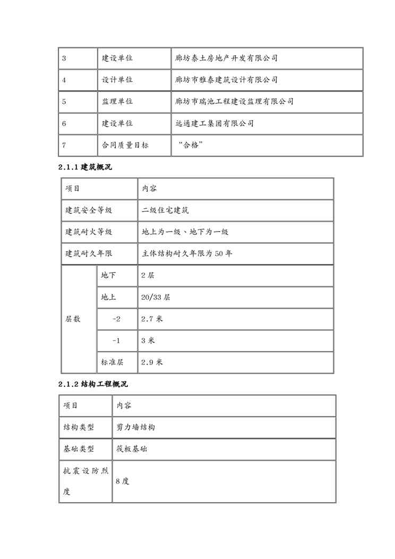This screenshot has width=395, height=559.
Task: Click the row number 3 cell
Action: pyautogui.click(x=64, y=58)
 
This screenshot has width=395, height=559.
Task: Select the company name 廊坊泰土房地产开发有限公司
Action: pyautogui.click(x=226, y=58)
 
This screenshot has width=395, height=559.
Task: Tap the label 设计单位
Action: pyautogui.click(x=117, y=80)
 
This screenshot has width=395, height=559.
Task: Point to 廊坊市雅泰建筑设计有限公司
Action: pyautogui.click(x=226, y=80)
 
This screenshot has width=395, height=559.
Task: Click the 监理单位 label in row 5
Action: pyautogui.click(x=117, y=101)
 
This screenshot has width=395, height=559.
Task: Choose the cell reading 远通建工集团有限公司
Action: pyautogui.click(x=214, y=123)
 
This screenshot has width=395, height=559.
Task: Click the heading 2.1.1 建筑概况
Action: pyautogui.click(x=85, y=167)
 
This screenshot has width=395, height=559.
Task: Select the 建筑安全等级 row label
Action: pyautogui.click(x=89, y=210)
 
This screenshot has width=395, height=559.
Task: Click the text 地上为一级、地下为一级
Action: pyautogui.click(x=185, y=232)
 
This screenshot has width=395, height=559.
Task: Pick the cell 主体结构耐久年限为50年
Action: pyautogui.click(x=187, y=253)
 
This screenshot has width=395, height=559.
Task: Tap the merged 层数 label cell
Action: pyautogui.click(x=73, y=319)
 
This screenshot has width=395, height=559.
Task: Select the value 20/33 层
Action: pyautogui.click(x=156, y=298)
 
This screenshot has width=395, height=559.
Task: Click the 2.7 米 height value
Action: pyautogui.click(x=152, y=319)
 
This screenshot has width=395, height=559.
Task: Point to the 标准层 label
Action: pyautogui.click(x=113, y=362)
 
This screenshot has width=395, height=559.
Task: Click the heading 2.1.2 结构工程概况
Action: pyautogui.click(x=93, y=384)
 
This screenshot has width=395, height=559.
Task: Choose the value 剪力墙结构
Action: pyautogui.click(x=135, y=427)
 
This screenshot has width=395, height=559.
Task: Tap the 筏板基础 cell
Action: pyautogui.click(x=132, y=449)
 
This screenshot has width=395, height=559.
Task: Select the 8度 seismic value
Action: pyautogui.click(x=123, y=481)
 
